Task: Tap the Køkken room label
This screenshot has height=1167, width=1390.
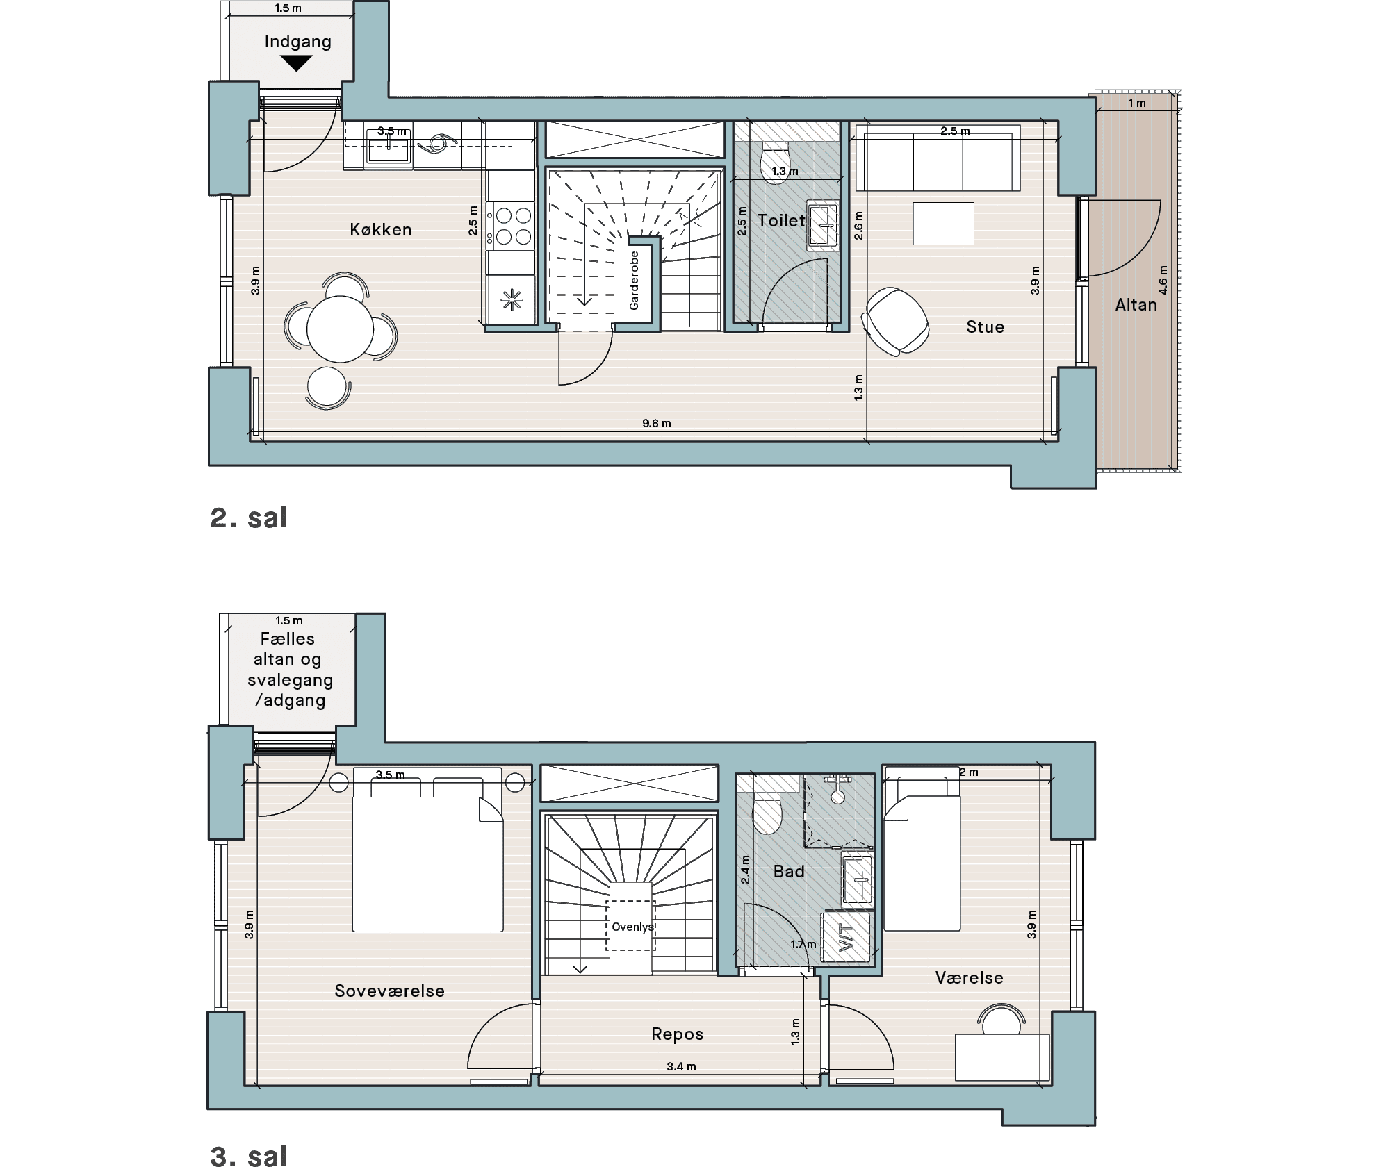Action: click(381, 230)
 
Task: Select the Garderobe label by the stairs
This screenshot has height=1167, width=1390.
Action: click(634, 280)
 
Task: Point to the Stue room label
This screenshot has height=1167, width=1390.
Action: click(985, 327)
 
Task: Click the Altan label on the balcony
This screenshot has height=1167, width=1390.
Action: click(1136, 305)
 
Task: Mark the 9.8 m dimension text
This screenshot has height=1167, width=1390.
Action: click(656, 423)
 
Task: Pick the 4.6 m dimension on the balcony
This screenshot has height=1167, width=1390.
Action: click(1163, 280)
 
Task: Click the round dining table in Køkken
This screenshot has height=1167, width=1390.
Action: click(341, 329)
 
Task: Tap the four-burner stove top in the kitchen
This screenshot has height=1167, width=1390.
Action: click(511, 226)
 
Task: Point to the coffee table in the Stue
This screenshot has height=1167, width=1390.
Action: click(943, 224)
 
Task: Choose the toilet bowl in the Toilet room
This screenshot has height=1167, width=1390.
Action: click(775, 163)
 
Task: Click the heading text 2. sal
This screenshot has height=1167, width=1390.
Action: click(249, 518)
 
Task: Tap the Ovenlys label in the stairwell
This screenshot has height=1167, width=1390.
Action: click(632, 927)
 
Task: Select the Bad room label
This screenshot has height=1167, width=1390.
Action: click(789, 872)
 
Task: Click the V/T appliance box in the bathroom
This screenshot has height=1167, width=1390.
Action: click(846, 937)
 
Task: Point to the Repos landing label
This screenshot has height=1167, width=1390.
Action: click(678, 1034)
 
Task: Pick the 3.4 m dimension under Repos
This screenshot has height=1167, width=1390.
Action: click(681, 1066)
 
